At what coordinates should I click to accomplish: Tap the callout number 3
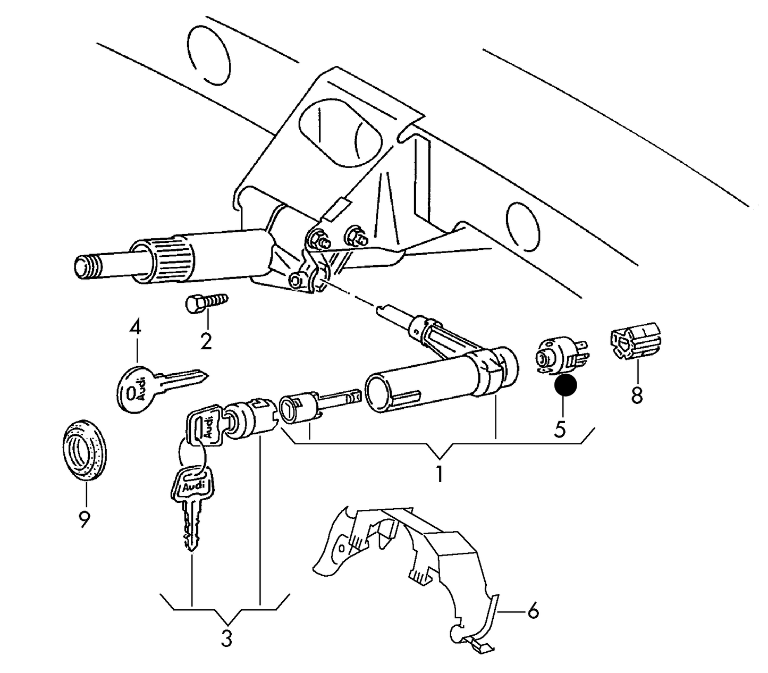point(227,638)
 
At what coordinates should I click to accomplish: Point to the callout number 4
point(136,327)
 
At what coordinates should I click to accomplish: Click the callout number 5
point(560,428)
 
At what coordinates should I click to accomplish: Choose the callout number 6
point(533,611)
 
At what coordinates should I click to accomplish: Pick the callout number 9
point(84,519)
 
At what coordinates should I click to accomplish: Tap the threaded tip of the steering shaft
point(85,266)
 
